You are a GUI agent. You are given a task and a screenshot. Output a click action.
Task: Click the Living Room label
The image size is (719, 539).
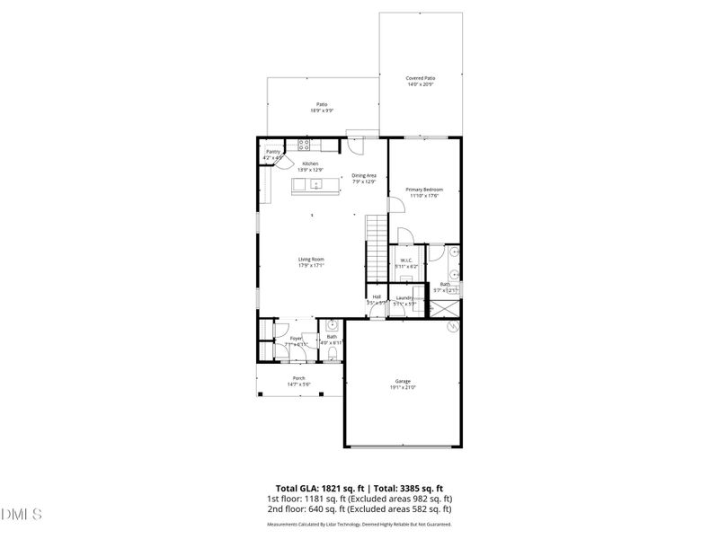pyautogui.click(x=311, y=260)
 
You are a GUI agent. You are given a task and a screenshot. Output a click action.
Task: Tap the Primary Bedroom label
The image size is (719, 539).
pyautogui.click(x=423, y=190)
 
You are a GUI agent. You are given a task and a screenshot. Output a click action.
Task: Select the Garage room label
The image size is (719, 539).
pyautogui.click(x=403, y=381)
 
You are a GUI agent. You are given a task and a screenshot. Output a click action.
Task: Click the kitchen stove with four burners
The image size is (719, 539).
pyautogui.click(x=304, y=144)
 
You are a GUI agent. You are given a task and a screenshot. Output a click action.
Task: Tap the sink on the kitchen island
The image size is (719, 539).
pyautogui.click(x=315, y=184)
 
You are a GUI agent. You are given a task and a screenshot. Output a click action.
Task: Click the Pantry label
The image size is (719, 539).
pyautogui.click(x=272, y=152)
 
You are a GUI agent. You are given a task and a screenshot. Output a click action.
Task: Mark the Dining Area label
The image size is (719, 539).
pyautogui.click(x=364, y=175)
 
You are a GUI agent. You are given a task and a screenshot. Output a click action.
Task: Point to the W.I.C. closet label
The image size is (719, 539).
pyautogui.click(x=405, y=261)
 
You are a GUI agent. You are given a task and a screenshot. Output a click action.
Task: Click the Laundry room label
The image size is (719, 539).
pyautogui.click(x=404, y=297)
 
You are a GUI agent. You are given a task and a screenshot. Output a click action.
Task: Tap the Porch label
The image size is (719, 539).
pyautogui.click(x=298, y=378)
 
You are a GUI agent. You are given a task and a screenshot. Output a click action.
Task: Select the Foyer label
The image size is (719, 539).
pyautogui.click(x=296, y=338)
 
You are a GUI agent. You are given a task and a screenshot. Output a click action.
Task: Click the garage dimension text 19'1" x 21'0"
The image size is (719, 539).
pyautogui.click(x=403, y=387)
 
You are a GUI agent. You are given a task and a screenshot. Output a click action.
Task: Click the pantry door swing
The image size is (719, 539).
pyautogui.click(x=280, y=154)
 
